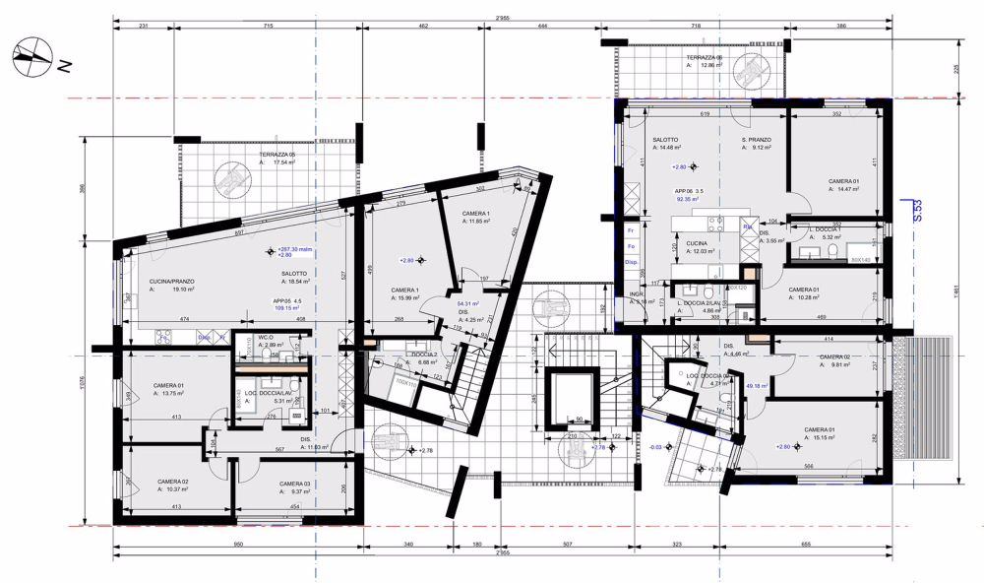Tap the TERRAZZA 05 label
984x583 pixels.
[277, 156]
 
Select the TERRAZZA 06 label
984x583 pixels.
[705, 59]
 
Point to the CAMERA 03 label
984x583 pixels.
[294, 484]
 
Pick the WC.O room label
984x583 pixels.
[266, 338]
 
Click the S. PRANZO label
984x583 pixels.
[757, 140]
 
